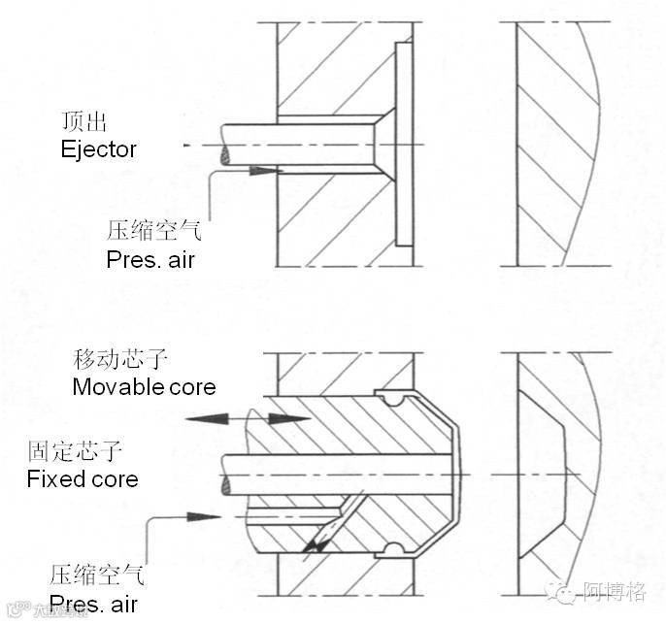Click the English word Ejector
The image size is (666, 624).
tap(98, 150)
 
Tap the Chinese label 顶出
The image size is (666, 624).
tap(82, 124)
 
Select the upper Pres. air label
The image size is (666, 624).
tap(150, 260)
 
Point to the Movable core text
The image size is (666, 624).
tap(144, 386)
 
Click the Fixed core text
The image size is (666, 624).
tap(83, 478)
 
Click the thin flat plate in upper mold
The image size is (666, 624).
tap(403, 143)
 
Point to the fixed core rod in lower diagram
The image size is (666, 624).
tap(330, 472)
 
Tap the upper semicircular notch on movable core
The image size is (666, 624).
tap(389, 397)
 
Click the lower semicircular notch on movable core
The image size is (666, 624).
tap(390, 550)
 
